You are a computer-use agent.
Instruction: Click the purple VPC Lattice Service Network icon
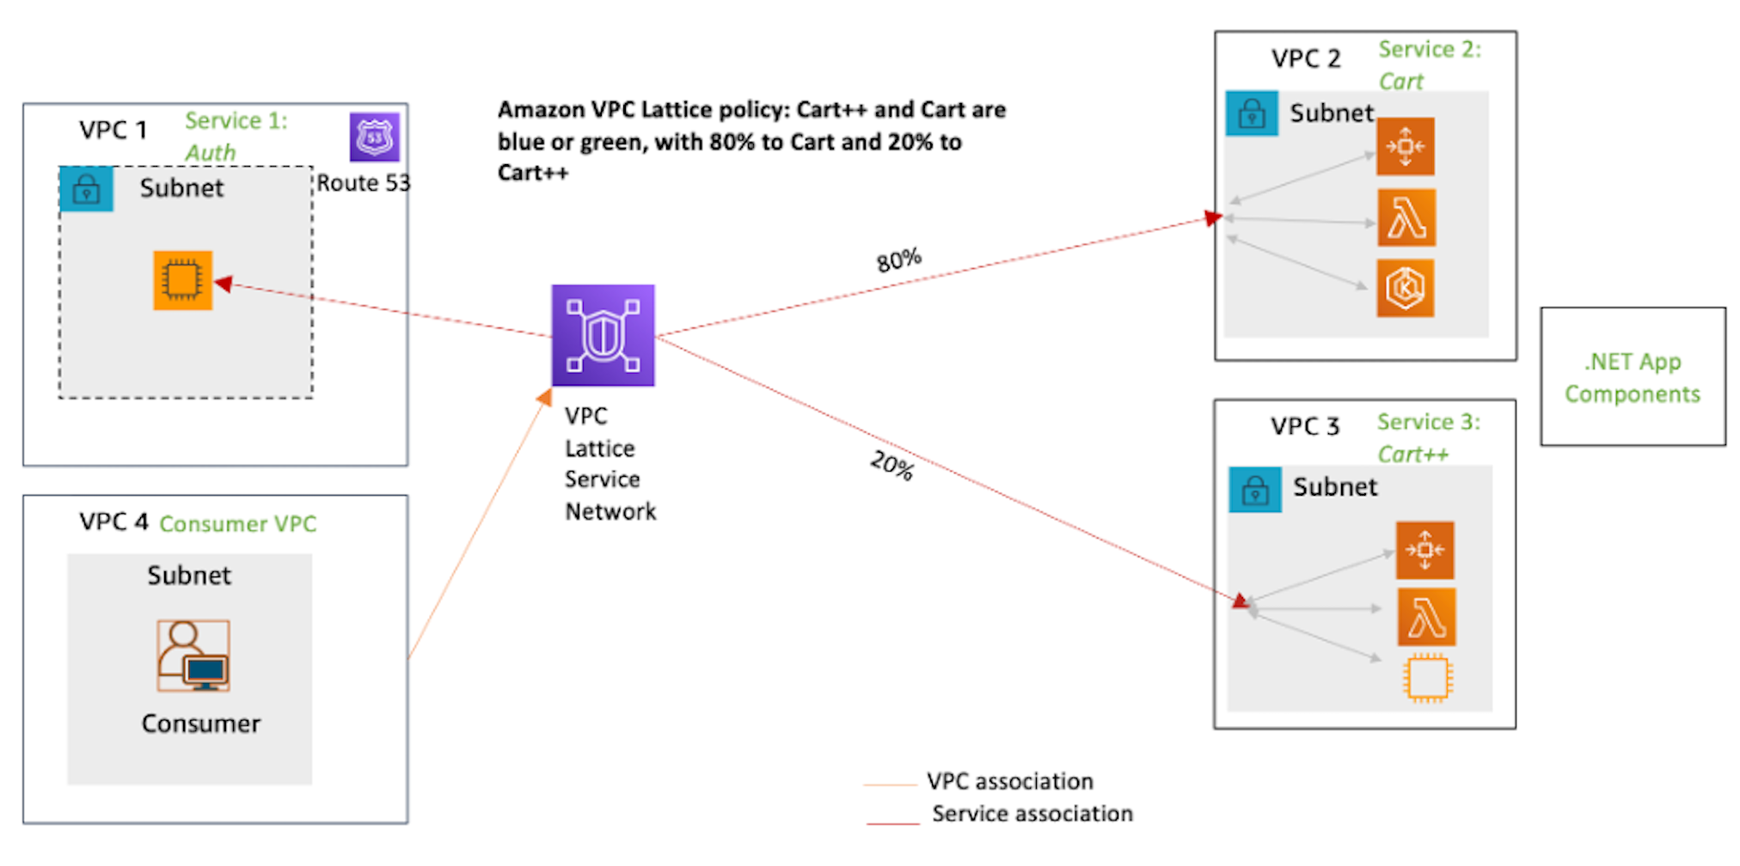[x=603, y=335]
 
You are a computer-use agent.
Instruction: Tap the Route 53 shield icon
[x=374, y=137]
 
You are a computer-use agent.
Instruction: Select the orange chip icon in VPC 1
[x=182, y=280]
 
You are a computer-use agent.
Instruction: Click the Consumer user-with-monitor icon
[x=193, y=656]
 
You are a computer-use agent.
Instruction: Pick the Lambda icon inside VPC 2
[x=1406, y=218]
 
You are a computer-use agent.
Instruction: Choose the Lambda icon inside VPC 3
[x=1426, y=617]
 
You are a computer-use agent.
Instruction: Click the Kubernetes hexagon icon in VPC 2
[x=1406, y=289]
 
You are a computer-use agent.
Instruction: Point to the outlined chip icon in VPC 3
[x=1427, y=679]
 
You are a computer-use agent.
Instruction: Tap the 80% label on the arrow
[x=898, y=259]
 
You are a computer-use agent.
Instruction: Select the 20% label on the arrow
[x=891, y=466]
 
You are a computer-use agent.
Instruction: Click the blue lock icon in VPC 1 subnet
[x=86, y=189]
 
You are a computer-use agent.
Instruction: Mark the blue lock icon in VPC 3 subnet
[x=1255, y=490]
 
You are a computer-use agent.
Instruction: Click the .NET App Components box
[x=1632, y=376]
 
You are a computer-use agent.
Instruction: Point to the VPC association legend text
[x=1009, y=781]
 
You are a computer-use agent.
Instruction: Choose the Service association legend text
[x=1032, y=814]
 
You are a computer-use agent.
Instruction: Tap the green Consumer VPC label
[x=237, y=523]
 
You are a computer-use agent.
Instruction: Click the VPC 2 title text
[x=1305, y=58]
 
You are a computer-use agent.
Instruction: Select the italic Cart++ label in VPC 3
[x=1412, y=454]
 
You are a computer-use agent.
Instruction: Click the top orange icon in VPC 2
[x=1406, y=147]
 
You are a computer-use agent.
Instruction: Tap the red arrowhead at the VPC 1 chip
[x=223, y=284]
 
